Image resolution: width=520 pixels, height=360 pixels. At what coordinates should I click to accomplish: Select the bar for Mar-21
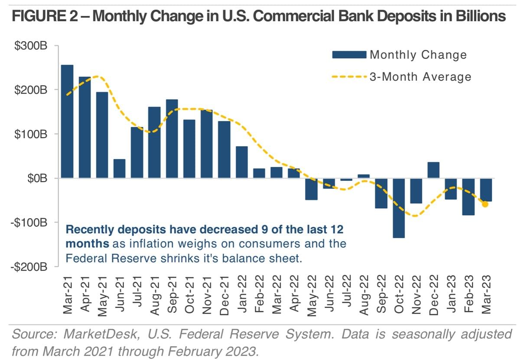click(67, 121)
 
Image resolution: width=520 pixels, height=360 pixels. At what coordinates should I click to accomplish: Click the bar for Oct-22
click(399, 208)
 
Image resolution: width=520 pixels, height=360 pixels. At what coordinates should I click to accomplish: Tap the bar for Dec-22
click(433, 170)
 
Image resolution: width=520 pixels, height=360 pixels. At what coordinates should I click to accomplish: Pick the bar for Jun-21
click(119, 168)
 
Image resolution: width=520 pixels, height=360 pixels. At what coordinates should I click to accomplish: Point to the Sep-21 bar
click(172, 139)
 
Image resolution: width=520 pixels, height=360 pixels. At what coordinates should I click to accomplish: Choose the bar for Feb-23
click(468, 196)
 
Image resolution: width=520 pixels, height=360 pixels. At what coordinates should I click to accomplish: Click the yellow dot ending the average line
click(485, 204)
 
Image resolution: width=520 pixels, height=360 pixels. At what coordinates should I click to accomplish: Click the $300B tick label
click(31, 46)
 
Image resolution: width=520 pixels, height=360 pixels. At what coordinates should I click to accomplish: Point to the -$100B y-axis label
click(29, 223)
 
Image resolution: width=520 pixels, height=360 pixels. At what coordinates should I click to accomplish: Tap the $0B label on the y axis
click(37, 178)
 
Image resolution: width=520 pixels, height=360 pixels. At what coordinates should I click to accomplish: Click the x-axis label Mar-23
click(486, 295)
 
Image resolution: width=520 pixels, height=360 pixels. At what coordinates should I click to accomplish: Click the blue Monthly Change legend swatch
click(349, 55)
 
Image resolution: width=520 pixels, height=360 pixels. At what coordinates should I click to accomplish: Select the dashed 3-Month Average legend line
click(349, 76)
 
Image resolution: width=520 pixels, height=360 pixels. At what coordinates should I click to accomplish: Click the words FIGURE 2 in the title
click(45, 16)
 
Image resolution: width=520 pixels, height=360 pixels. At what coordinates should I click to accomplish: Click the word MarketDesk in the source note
click(102, 334)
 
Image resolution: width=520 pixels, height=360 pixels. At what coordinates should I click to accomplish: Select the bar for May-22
click(311, 189)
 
